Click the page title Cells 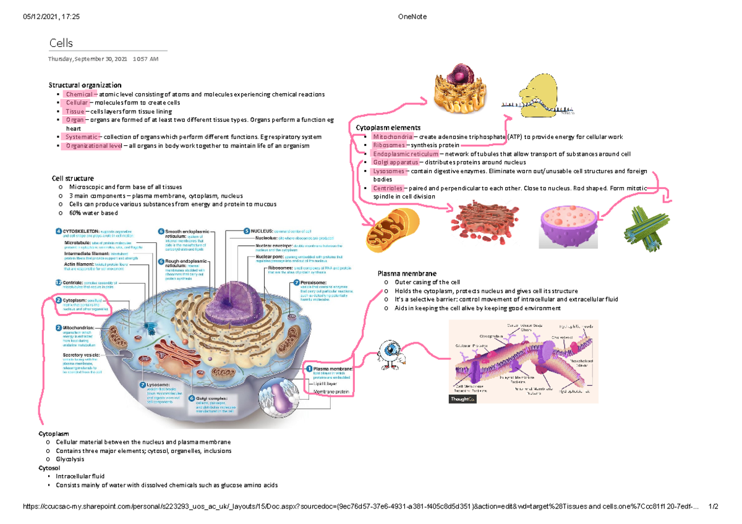click(x=61, y=43)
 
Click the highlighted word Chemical click(x=76, y=94)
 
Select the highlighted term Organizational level click(x=92, y=146)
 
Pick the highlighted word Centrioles click(x=388, y=188)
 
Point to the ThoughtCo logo click(x=461, y=400)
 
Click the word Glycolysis click(x=70, y=459)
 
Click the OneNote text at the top click(x=414, y=17)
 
